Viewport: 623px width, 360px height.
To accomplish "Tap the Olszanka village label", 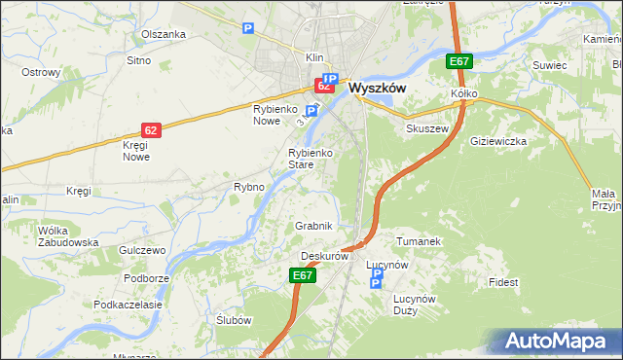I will [163, 34].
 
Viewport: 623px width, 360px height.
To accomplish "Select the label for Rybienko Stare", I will [312, 159].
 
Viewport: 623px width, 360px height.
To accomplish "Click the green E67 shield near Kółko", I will [459, 62].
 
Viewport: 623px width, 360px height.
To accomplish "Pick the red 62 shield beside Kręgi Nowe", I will [150, 128].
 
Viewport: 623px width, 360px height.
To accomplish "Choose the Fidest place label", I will [504, 282].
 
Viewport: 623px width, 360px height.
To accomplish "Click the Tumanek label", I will [420, 240].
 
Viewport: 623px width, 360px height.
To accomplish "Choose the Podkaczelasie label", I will [128, 305].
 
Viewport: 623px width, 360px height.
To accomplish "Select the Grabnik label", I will [314, 226].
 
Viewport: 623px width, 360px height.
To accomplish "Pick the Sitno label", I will [138, 60].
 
